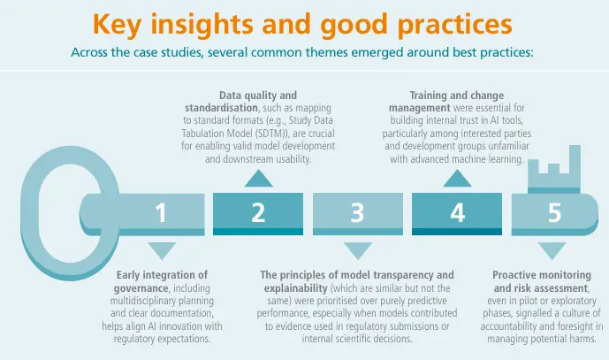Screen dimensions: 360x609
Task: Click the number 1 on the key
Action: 160,213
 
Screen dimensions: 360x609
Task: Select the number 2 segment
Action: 258,213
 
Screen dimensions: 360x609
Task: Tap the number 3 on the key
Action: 357,213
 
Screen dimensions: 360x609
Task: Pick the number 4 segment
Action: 457,213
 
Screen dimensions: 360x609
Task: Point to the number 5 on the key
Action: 554,213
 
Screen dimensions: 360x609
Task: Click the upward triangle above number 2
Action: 258,179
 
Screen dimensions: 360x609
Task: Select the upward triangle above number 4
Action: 457,179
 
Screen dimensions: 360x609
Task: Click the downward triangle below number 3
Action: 357,249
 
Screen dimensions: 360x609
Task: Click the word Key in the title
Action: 125,21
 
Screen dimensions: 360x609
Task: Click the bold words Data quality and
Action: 258,95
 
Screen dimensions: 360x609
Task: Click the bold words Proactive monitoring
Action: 540,275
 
